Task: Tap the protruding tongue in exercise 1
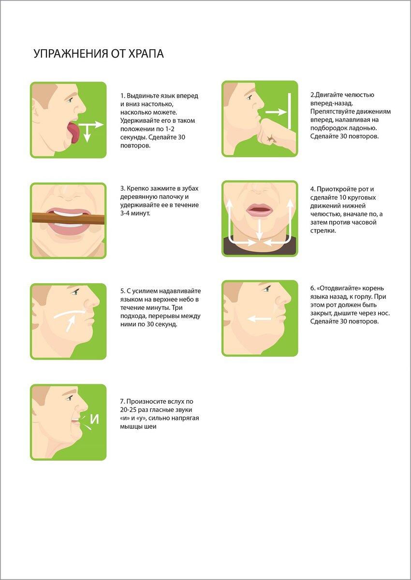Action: coord(73,132)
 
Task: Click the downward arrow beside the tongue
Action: coord(87,133)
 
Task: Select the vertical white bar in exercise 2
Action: coord(289,111)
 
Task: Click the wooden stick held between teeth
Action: coord(68,218)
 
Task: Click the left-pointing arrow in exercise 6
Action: coord(260,319)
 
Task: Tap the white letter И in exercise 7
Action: coord(94,419)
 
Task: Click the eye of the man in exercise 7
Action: coord(70,398)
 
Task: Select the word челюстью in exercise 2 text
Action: coord(359,95)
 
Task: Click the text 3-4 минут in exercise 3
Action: coord(135,213)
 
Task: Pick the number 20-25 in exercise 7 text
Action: coord(128,410)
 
